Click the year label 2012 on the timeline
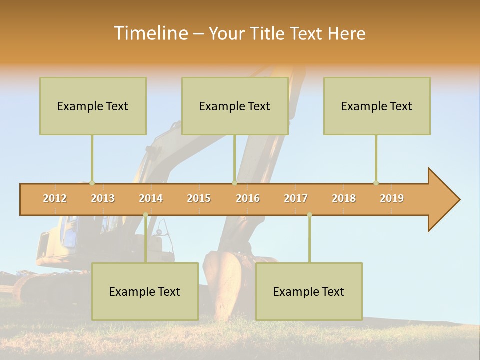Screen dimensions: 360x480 coord(55,198)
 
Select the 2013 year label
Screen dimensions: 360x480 coord(103,198)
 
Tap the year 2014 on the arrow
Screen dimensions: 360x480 coord(151,198)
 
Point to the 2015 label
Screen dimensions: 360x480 coord(199,198)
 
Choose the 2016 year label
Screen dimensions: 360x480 coord(248,198)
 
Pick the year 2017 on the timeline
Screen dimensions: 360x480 coord(296,198)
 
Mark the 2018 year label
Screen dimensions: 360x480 coord(344,198)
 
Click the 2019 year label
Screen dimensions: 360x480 coord(392,198)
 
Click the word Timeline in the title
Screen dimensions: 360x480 coord(150,33)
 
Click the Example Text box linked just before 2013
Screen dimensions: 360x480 coord(93,106)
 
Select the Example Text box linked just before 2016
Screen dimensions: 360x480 coord(235,106)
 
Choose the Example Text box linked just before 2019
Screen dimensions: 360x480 coord(377,106)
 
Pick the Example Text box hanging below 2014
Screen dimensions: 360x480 coord(145,291)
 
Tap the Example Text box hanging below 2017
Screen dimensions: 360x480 coord(309,291)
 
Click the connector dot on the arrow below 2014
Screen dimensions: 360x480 coord(145,215)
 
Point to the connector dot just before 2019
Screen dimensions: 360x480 coord(376,183)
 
